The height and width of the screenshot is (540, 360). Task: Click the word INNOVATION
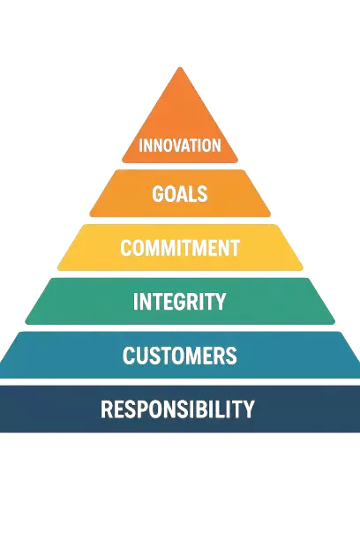pyautogui.click(x=180, y=146)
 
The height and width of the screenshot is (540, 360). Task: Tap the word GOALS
pyautogui.click(x=180, y=194)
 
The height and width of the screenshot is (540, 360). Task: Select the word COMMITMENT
pyautogui.click(x=180, y=248)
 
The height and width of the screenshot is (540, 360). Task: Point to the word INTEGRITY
pyautogui.click(x=179, y=302)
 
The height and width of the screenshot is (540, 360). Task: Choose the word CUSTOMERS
pyautogui.click(x=180, y=356)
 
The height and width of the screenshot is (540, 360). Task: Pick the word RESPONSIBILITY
pyautogui.click(x=177, y=409)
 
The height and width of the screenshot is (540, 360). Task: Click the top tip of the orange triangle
pyautogui.click(x=180, y=67)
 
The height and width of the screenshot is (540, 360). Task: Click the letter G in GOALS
pyautogui.click(x=158, y=194)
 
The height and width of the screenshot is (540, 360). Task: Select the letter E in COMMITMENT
pyautogui.click(x=214, y=248)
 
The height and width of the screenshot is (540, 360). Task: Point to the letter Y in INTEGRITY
pyautogui.click(x=220, y=302)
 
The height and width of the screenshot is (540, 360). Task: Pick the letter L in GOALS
pyautogui.click(x=191, y=194)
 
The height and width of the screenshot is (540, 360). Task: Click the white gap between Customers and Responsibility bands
pyautogui.click(x=180, y=382)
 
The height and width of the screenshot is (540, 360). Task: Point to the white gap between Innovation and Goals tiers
pyautogui.click(x=180, y=166)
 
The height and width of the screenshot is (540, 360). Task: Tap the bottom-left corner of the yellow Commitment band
pyautogui.click(x=58, y=269)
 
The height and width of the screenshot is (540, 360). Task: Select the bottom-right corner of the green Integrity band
pyautogui.click(x=334, y=323)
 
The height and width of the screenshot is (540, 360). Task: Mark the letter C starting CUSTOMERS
pyautogui.click(x=129, y=356)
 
